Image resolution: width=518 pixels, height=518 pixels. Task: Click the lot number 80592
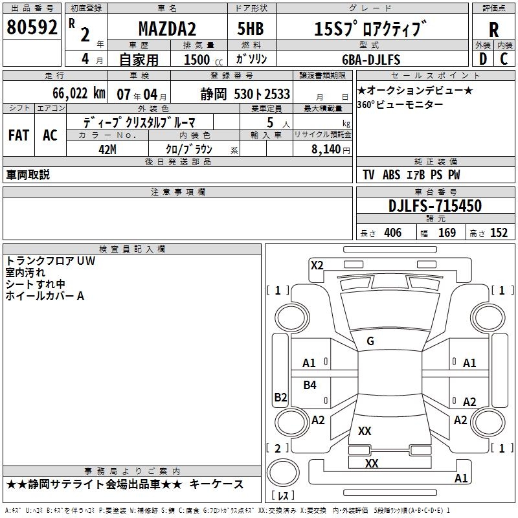coord(32,27)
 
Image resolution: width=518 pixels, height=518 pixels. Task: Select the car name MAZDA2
coord(167,28)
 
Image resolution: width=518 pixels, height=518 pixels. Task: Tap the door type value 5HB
coord(251,28)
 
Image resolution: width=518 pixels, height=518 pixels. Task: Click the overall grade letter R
coord(493,30)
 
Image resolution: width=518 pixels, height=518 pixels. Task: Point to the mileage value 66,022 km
coord(79,93)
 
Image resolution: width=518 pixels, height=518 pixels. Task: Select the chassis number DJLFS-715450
coord(435,206)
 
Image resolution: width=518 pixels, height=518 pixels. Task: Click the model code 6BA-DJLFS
coord(371,60)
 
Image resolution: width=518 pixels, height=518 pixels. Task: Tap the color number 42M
coord(107,150)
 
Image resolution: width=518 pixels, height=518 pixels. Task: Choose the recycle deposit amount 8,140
coord(326,149)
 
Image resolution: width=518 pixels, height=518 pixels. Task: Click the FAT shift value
coord(19,135)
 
